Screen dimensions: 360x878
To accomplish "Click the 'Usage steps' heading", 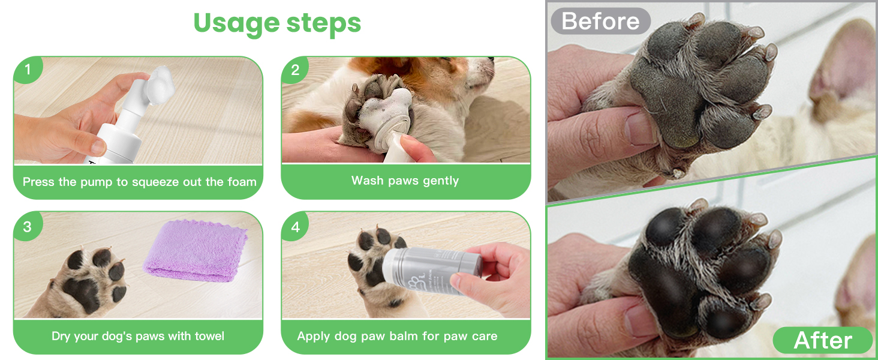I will coord(277,23).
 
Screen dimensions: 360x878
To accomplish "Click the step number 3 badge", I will coord(27,227).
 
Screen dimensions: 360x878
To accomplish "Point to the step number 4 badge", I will coord(294,227).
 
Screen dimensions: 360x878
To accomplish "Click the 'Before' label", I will coord(600,21).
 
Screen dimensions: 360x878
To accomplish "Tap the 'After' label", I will coord(822,340).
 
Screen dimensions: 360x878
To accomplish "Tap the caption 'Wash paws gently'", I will coord(405,181).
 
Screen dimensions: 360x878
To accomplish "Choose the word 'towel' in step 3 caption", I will coord(208,336).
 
